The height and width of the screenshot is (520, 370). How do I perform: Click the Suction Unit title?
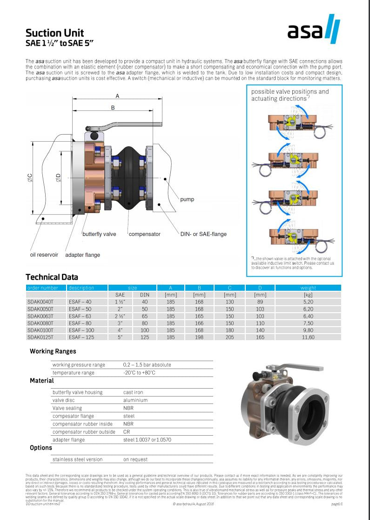(x=54, y=33)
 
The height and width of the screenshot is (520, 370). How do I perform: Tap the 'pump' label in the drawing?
(x=187, y=199)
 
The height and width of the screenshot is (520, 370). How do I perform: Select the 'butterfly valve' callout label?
(x=99, y=234)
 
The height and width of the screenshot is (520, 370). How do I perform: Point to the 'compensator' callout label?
(x=144, y=234)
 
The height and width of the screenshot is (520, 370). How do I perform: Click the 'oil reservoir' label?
(x=44, y=255)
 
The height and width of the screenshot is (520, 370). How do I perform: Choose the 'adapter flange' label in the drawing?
(x=82, y=255)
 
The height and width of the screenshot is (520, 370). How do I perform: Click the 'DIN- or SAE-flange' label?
(x=203, y=234)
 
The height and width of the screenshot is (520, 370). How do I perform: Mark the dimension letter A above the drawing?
(x=117, y=96)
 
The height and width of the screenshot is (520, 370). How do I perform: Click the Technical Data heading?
(x=52, y=277)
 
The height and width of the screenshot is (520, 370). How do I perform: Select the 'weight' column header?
(x=308, y=288)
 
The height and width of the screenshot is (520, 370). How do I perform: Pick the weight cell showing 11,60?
(x=308, y=337)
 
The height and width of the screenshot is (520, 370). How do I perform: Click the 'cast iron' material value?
(x=133, y=392)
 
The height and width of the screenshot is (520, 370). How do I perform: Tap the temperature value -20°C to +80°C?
(x=139, y=373)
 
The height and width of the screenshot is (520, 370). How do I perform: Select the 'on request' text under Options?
(x=135, y=459)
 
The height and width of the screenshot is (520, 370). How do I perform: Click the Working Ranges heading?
(x=53, y=351)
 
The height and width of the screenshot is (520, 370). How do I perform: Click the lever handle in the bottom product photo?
(x=285, y=369)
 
